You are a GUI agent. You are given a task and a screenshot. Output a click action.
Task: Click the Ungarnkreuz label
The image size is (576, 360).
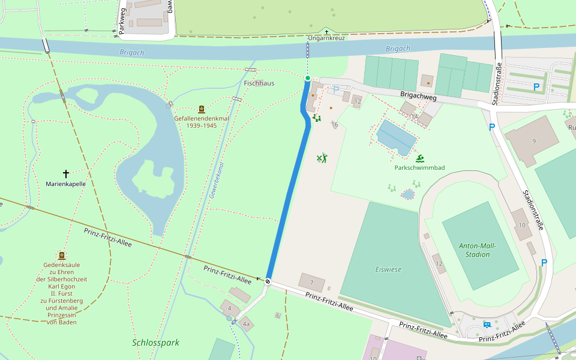pos(326,38)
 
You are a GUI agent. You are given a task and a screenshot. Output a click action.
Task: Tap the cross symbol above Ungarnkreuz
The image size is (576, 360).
pos(326,31)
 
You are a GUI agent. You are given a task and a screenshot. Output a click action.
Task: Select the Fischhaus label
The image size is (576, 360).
pos(259,83)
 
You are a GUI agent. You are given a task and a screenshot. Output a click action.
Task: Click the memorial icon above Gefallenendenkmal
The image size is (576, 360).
pos(201,109)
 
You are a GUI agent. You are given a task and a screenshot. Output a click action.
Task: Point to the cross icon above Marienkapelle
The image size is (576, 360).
pos(66,173)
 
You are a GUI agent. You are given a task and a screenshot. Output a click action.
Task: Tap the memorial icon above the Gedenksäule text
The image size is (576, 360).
pos(61,255)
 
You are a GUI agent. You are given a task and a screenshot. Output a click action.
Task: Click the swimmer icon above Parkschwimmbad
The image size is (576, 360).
pos(420,158)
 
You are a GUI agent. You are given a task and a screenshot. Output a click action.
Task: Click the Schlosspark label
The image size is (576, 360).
pos(155,343)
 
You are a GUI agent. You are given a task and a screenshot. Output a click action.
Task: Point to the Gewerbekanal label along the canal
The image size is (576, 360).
pos(216,180)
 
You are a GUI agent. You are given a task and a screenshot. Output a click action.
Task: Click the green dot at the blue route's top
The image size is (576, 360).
pos(308,78)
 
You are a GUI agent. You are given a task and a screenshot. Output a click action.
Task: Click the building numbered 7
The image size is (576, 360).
pos(311,283)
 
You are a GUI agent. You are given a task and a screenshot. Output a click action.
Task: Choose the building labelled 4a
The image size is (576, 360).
pos(246,324)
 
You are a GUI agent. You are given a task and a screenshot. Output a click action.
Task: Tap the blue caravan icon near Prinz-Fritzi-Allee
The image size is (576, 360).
pos(487,325)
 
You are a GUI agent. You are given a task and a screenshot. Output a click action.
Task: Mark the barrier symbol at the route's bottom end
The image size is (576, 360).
pos(268,281)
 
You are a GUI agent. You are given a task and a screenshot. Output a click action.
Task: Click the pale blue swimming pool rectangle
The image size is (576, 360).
pos(397,136)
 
